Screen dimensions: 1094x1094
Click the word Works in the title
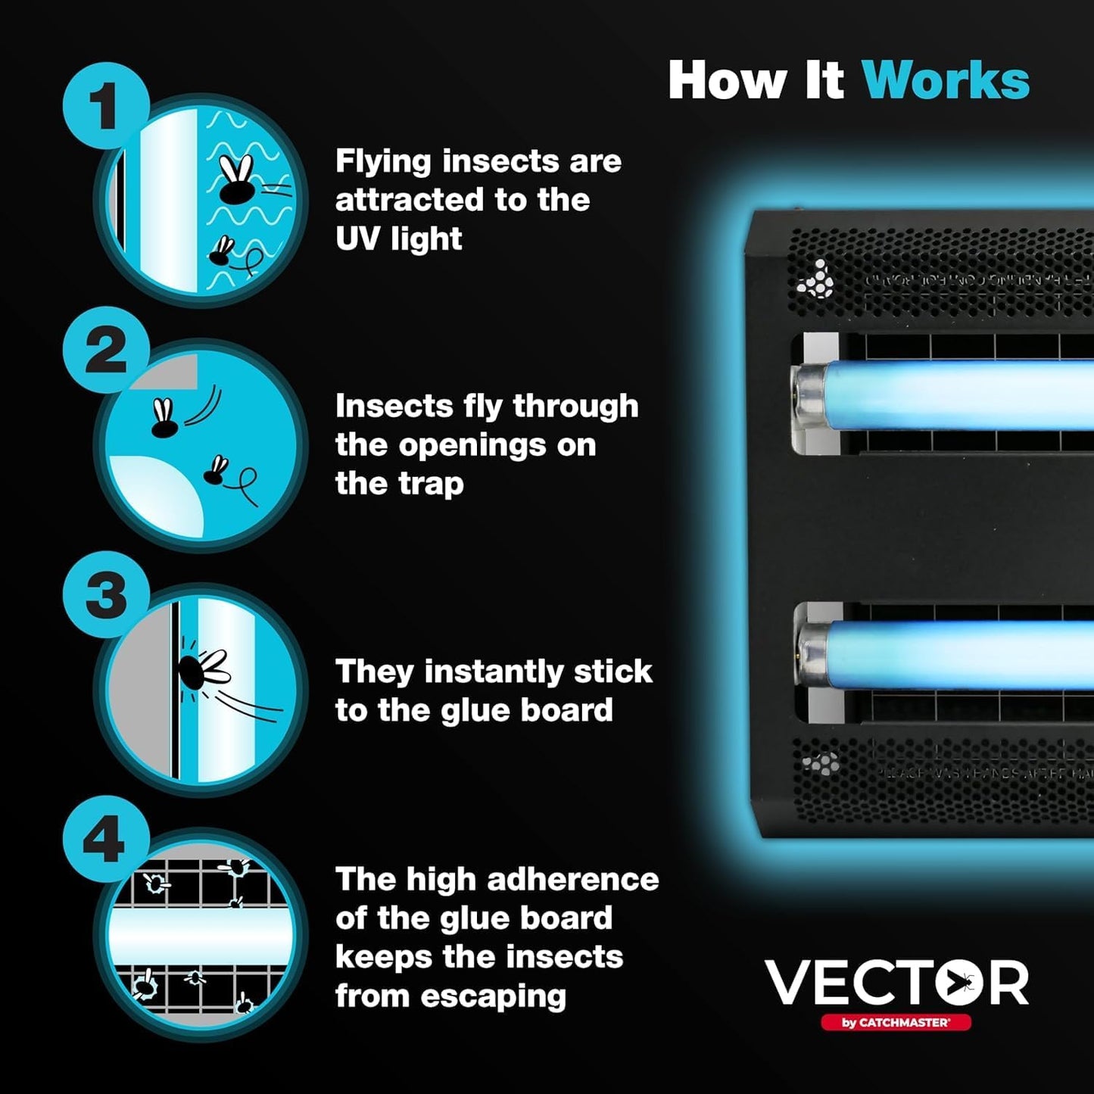coord(946,80)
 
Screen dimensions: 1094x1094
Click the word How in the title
coord(728,80)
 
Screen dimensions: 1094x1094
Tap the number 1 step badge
coord(105,106)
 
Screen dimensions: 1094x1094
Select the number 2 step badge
coord(105,351)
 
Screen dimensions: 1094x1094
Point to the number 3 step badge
coord(105,595)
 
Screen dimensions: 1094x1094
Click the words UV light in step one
coord(398,239)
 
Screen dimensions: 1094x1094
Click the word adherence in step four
coord(572,880)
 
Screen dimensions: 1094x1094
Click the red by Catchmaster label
coord(896,1023)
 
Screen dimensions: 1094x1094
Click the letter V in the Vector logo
coord(788,983)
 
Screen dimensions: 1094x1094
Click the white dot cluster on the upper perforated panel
coord(816,280)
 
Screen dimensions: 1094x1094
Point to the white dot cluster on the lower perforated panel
coord(821,763)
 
